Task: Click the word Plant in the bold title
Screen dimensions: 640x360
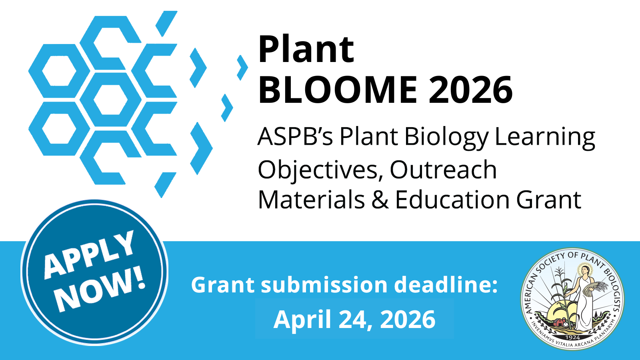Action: tap(306, 49)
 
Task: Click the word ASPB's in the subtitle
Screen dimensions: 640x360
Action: tap(295, 136)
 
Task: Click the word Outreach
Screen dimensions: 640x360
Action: tap(443, 170)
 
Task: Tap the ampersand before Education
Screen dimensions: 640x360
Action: tap(380, 200)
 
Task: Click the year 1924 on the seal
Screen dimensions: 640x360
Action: tap(572, 338)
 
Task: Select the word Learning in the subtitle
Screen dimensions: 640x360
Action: tap(544, 138)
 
